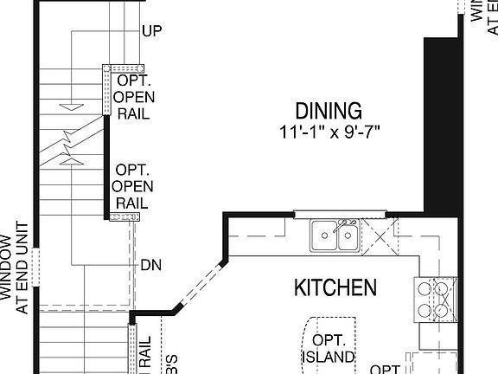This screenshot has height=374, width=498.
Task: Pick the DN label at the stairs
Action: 150,264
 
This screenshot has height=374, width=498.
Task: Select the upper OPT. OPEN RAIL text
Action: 134,94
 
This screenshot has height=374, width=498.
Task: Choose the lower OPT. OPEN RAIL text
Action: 134,186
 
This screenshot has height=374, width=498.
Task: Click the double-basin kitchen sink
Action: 335,235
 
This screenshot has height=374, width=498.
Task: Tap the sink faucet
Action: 344,224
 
